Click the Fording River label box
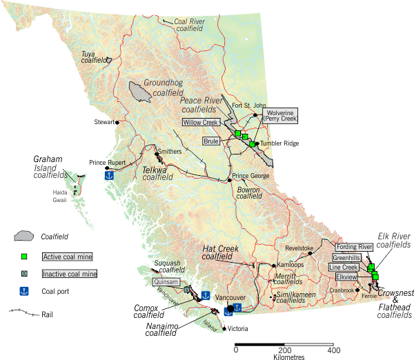(355, 246)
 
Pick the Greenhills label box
(347, 257)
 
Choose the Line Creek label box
(344, 267)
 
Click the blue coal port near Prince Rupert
(108, 175)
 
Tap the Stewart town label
(103, 122)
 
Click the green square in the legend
(24, 257)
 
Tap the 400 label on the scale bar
(333, 351)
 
